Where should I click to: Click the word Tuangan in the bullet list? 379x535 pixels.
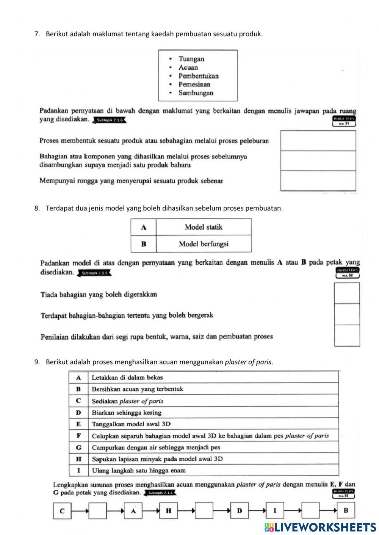pyautogui.click(x=191, y=59)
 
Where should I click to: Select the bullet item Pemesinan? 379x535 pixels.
pyautogui.click(x=194, y=84)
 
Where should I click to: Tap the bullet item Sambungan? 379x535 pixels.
pyautogui.click(x=196, y=93)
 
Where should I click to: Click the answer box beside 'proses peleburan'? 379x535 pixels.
pyautogui.click(x=318, y=141)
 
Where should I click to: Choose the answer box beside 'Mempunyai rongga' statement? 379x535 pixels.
pyautogui.click(x=318, y=181)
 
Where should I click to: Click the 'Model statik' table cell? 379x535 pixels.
pyautogui.click(x=204, y=227)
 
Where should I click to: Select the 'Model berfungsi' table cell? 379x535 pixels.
pyautogui.click(x=204, y=244)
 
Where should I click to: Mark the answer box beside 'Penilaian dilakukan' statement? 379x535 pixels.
pyautogui.click(x=347, y=335)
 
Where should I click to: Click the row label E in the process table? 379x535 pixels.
pyautogui.click(x=78, y=424)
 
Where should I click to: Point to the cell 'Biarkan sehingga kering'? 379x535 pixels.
pyautogui.click(x=127, y=413)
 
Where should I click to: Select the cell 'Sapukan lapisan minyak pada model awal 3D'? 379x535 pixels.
pyautogui.click(x=157, y=459)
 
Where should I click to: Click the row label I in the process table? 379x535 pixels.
pyautogui.click(x=78, y=471)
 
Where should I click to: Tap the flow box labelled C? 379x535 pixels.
pyautogui.click(x=62, y=511)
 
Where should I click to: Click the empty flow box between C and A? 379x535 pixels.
pyautogui.click(x=98, y=511)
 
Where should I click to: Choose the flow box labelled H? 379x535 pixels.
pyautogui.click(x=169, y=511)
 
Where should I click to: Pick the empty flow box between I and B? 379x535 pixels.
pyautogui.click(x=310, y=511)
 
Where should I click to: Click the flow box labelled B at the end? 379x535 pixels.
pyautogui.click(x=346, y=511)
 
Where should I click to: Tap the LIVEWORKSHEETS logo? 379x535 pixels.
pyautogui.click(x=320, y=527)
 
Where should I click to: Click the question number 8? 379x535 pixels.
pyautogui.click(x=37, y=208)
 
